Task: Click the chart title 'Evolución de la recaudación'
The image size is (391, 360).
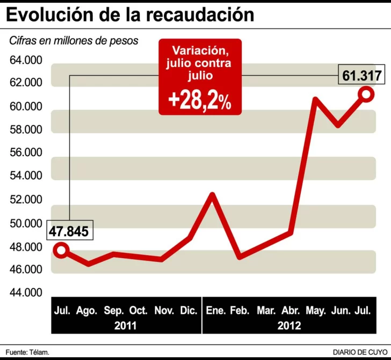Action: click(131, 14)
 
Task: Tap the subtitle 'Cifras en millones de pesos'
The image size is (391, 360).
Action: click(74, 41)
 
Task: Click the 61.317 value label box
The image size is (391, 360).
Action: click(362, 75)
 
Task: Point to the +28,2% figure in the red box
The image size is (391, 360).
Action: click(200, 100)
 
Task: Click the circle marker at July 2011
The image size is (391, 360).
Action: click(62, 250)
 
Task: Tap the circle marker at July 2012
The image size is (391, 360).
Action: click(366, 94)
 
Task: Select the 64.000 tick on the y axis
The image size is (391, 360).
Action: click(26, 60)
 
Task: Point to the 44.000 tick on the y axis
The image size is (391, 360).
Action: click(26, 293)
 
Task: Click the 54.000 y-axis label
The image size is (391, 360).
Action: click(26, 175)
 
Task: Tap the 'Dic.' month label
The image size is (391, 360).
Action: click(188, 311)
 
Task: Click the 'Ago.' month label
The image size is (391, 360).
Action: click(86, 311)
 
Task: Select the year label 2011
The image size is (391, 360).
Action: click(126, 326)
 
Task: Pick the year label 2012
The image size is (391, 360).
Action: click(289, 326)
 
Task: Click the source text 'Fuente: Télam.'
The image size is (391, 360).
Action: click(27, 352)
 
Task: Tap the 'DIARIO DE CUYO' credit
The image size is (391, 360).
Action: click(356, 352)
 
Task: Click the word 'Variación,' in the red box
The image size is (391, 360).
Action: click(199, 51)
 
